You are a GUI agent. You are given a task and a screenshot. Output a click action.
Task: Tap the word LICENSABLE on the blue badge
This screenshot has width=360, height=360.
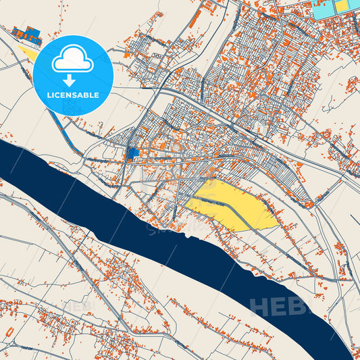[73, 95]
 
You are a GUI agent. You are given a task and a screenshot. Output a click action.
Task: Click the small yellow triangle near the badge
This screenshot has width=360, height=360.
[28, 53]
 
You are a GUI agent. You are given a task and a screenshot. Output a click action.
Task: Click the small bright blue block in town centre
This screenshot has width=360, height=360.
[133, 153]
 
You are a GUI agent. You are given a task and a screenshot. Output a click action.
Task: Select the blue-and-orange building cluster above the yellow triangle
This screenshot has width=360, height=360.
[26, 33]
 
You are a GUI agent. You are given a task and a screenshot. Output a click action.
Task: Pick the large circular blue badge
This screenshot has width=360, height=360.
[73, 74]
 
